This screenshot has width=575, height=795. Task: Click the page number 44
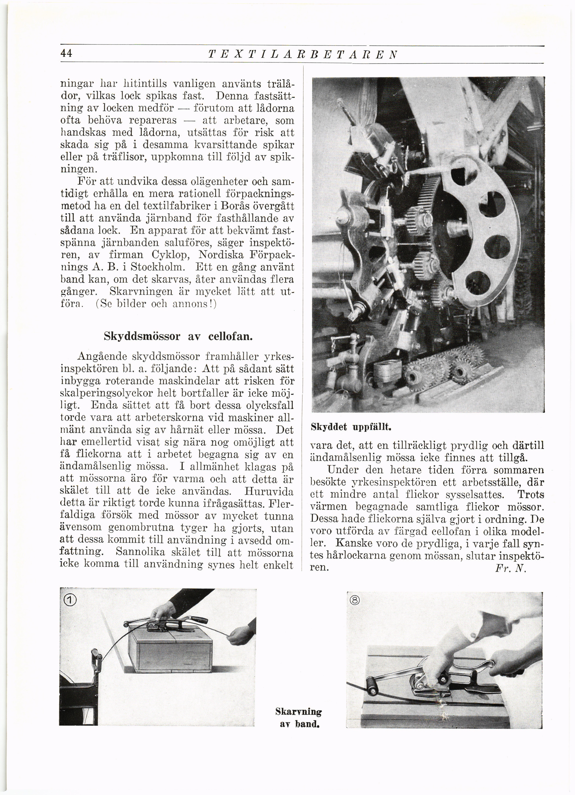click(x=66, y=53)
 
